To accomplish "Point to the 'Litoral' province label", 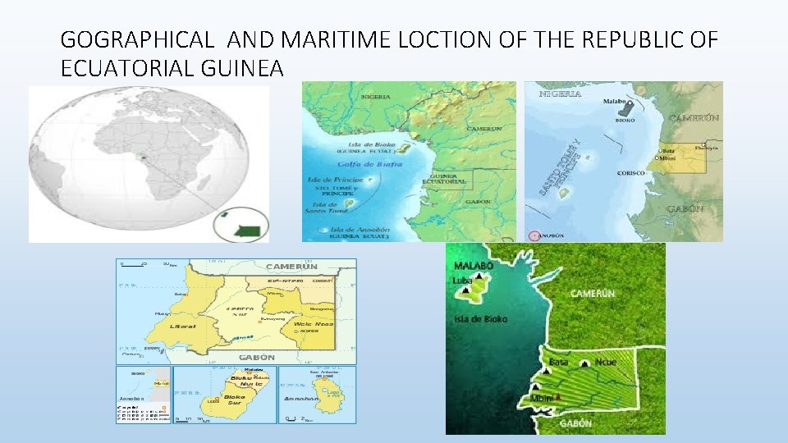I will pos(183,326).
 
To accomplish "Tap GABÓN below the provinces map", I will pos(257,358).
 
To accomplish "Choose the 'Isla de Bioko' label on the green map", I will pos(479,318).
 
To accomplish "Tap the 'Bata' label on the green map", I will pos(559,362).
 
